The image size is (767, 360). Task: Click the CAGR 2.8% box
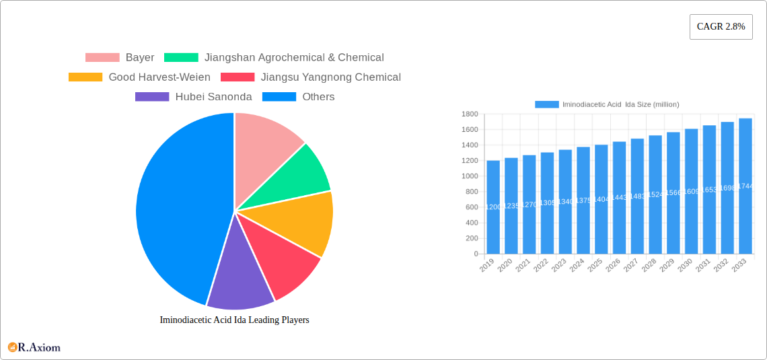coord(721,27)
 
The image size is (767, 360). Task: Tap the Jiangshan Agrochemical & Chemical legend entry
coord(274,58)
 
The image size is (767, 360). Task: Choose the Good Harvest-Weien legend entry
coord(139,77)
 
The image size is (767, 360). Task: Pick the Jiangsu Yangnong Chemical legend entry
coord(311,77)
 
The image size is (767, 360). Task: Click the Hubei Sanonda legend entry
coord(194,97)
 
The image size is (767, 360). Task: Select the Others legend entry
coord(298,97)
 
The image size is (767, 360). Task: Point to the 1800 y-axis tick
coord(469,114)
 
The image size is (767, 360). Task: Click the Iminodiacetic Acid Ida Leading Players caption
coord(234,320)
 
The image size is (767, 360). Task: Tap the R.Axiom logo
coord(34,347)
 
